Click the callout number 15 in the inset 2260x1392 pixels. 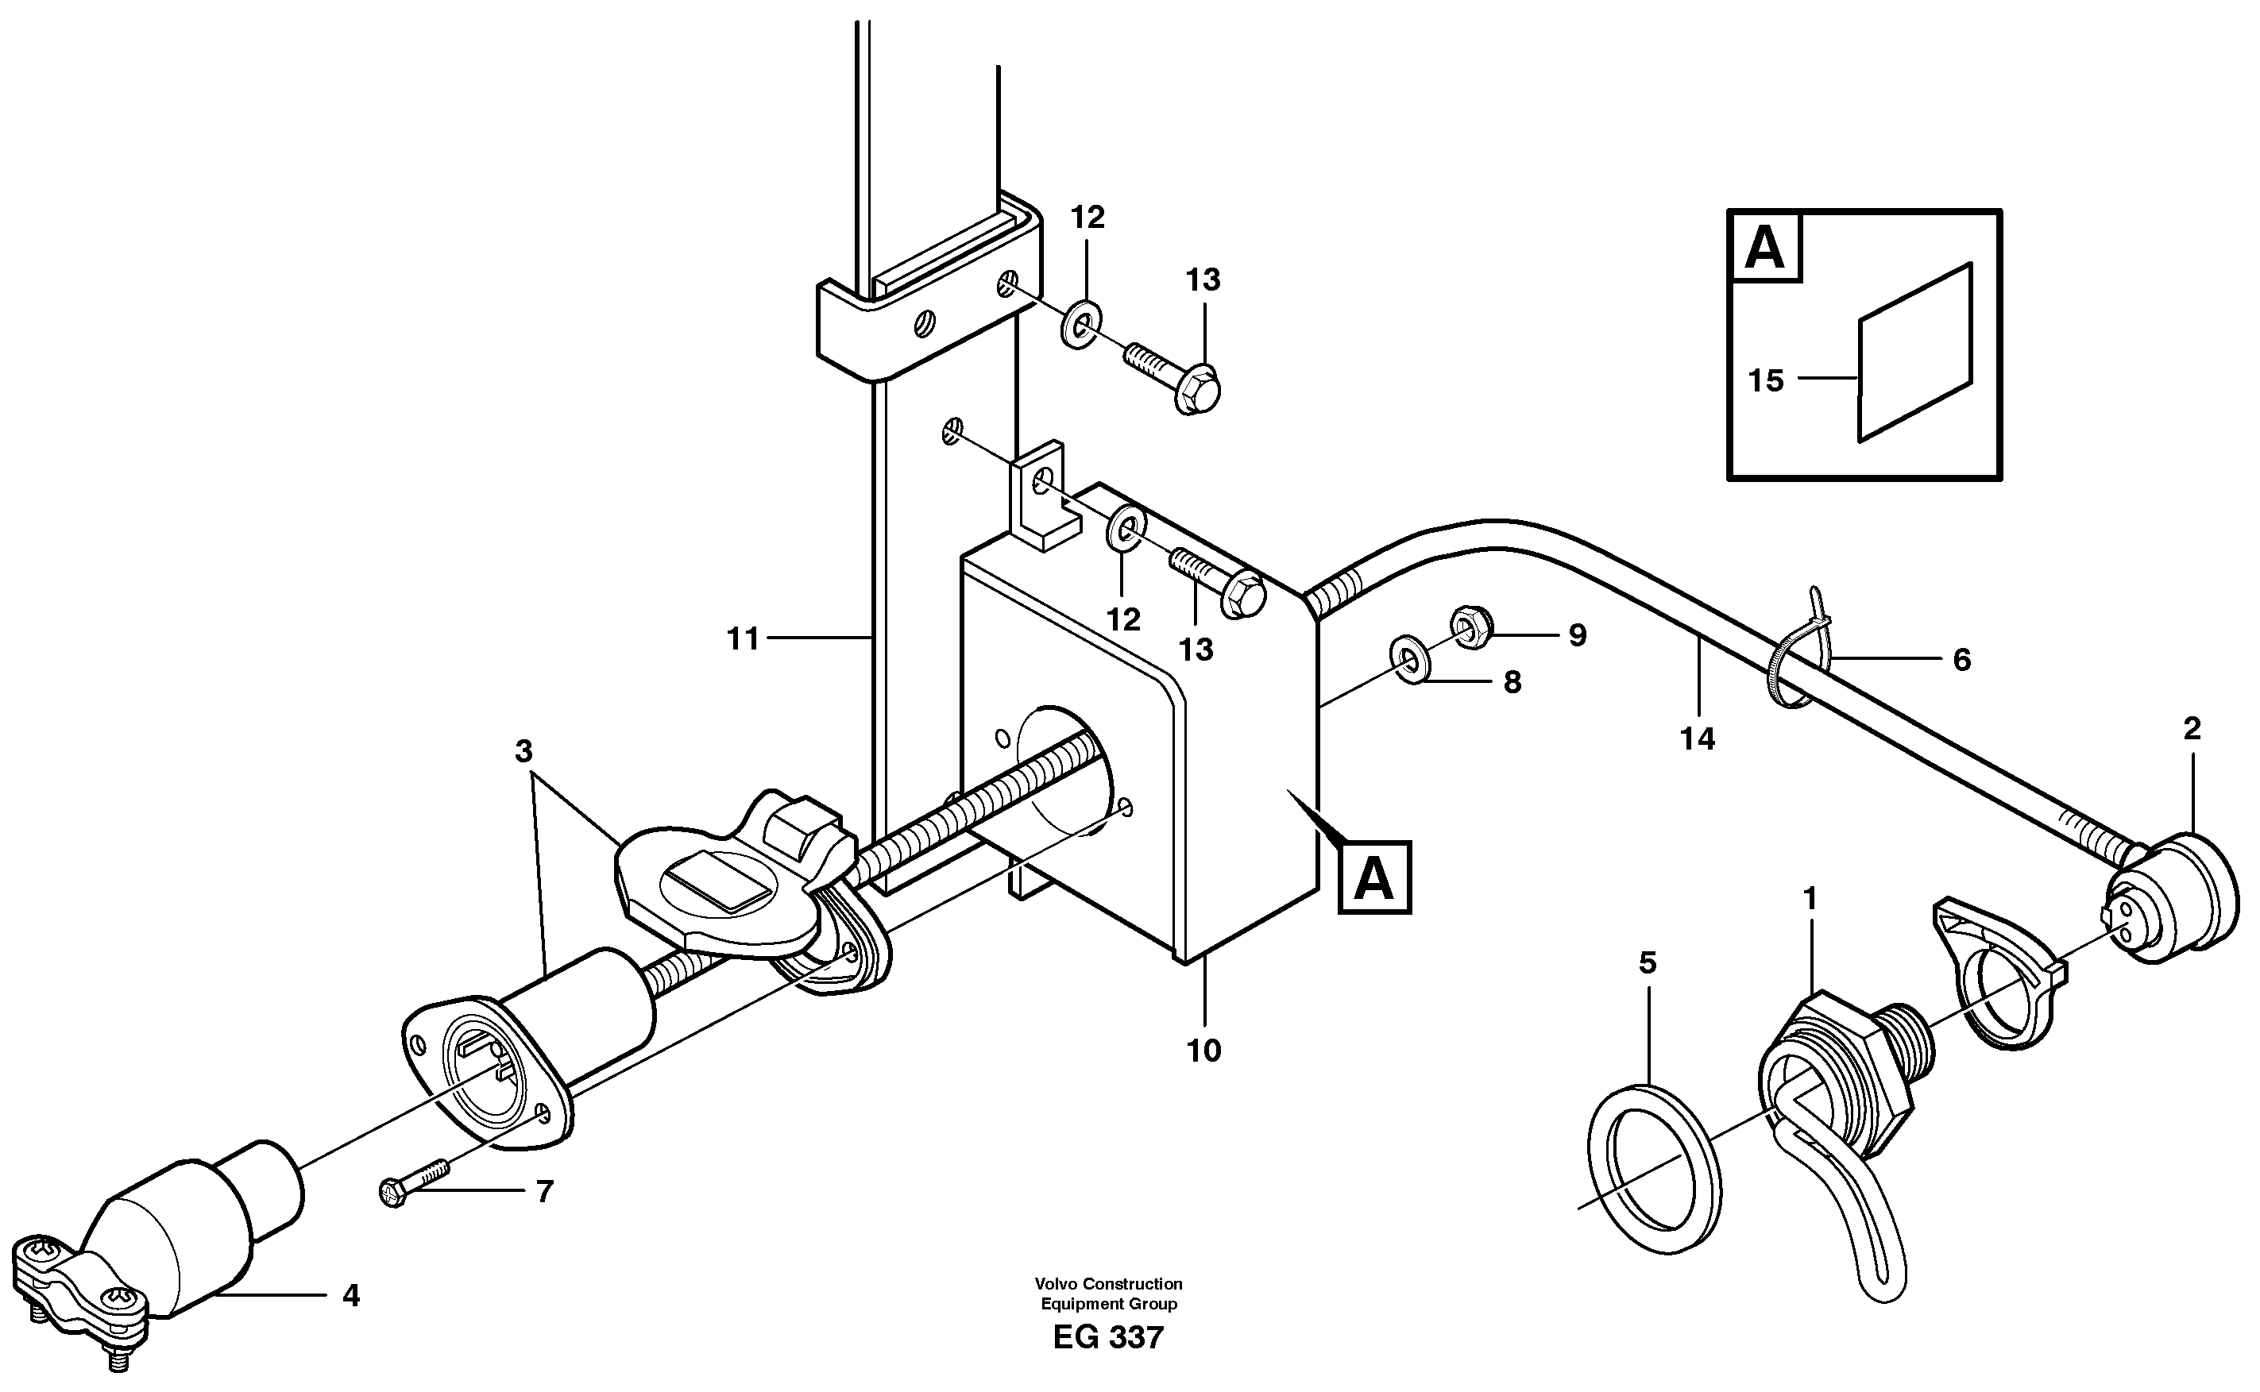1764,380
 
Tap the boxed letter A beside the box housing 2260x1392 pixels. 1374,879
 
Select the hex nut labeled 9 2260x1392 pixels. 1468,627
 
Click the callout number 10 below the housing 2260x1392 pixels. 1203,1051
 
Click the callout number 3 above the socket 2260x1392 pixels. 523,752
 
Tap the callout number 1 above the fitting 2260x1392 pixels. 1810,899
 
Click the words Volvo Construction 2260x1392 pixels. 1108,1283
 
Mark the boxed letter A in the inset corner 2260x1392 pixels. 1764,247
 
